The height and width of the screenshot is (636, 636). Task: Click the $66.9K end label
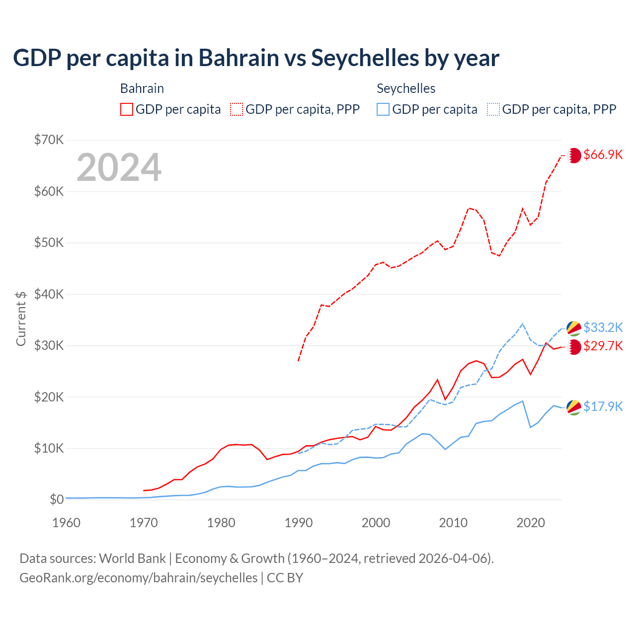pyautogui.click(x=603, y=155)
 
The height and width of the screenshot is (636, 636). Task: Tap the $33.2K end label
pyautogui.click(x=603, y=327)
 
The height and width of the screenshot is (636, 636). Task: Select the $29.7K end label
pyautogui.click(x=603, y=346)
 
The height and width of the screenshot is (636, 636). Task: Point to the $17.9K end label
pyautogui.click(x=603, y=406)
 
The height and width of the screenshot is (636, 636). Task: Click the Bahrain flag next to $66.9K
pyautogui.click(x=574, y=155)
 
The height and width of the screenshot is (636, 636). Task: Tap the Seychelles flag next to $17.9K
pyautogui.click(x=574, y=407)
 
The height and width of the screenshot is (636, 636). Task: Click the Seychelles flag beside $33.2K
pyautogui.click(x=574, y=328)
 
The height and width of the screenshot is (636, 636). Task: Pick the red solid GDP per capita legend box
pyautogui.click(x=127, y=109)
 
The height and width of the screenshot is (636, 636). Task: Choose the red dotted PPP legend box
pyautogui.click(x=237, y=109)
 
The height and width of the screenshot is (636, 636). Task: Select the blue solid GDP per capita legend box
pyautogui.click(x=383, y=109)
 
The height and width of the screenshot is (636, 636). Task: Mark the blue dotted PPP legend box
pyautogui.click(x=493, y=109)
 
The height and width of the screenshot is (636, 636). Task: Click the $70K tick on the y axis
pyautogui.click(x=49, y=140)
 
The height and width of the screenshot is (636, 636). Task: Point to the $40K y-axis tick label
pyautogui.click(x=49, y=294)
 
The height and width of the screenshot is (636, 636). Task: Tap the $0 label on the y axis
pyautogui.click(x=57, y=499)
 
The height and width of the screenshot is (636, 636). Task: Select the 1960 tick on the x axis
pyautogui.click(x=66, y=523)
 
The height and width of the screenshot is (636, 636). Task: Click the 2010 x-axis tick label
pyautogui.click(x=453, y=523)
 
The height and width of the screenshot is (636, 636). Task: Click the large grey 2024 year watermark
pyautogui.click(x=119, y=167)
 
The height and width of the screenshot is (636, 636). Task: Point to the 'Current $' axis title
pyautogui.click(x=21, y=318)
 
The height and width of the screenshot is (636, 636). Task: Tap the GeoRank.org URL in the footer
pyautogui.click(x=138, y=578)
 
